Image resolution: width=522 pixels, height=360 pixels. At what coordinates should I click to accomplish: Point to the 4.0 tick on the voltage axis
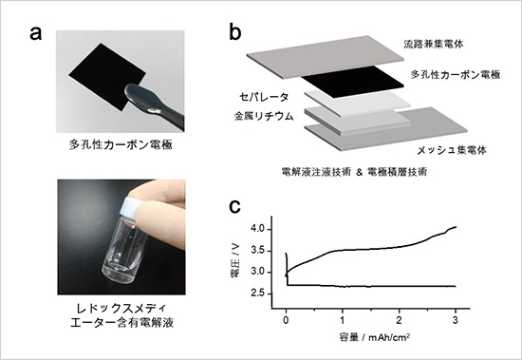tap(270, 229)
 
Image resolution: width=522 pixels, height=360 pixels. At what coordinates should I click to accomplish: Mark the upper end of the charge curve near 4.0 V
tap(457, 227)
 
